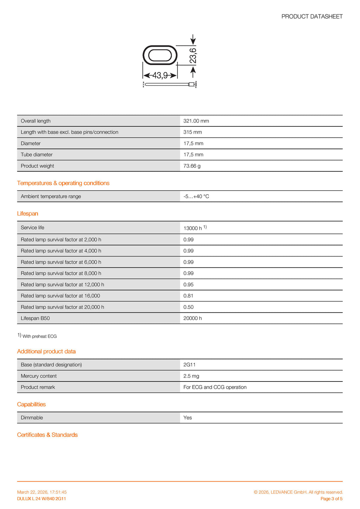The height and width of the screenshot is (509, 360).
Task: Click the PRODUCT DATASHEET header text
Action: (312, 17)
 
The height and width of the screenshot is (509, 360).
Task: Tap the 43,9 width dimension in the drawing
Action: (160, 76)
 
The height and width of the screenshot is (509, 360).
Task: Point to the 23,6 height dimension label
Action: (193, 56)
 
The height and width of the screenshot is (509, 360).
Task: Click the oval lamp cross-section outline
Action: (160, 55)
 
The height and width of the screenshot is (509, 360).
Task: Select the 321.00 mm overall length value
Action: (196, 121)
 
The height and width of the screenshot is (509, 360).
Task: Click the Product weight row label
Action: (37, 166)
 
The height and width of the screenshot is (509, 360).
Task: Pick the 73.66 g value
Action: (192, 166)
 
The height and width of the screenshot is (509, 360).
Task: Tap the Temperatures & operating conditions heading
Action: (63, 183)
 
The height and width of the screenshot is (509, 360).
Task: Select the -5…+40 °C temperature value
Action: (196, 196)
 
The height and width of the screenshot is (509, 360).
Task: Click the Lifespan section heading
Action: (27, 214)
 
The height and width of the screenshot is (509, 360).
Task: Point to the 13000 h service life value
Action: (193, 228)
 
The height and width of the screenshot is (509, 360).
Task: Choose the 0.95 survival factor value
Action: (188, 285)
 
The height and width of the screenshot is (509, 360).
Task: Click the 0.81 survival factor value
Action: (188, 296)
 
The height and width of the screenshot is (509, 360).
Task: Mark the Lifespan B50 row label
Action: (35, 318)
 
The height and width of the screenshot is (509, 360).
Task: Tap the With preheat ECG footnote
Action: (39, 336)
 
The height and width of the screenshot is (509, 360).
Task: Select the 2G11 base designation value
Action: (189, 365)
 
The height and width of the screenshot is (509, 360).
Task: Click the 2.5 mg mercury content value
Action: (191, 376)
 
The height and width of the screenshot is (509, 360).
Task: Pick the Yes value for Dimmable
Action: (188, 418)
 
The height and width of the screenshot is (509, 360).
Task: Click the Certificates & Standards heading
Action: (47, 435)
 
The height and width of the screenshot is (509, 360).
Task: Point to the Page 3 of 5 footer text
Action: (331, 499)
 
